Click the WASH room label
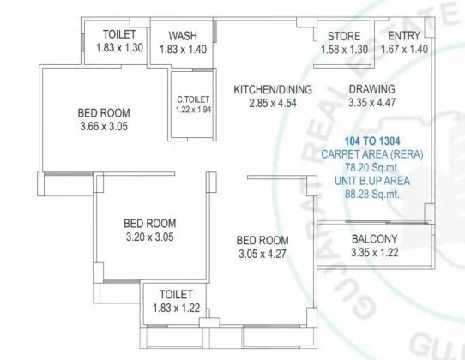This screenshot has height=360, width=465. [183, 36]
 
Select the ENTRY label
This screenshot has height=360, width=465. [403, 36]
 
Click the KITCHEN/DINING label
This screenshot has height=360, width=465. [273, 90]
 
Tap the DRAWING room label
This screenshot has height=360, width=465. [371, 90]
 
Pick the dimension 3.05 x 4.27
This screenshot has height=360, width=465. [263, 254]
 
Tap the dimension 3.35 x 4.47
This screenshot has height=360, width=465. [371, 104]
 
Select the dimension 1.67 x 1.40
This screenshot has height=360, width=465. [403, 50]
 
